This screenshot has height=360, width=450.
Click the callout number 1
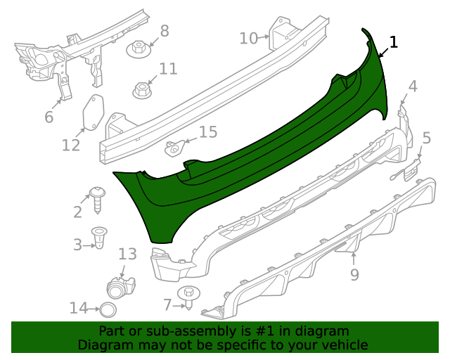pyautogui.click(x=393, y=42)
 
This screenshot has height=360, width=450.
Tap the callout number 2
pyautogui.click(x=77, y=212)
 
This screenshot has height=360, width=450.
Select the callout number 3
pyautogui.click(x=77, y=244)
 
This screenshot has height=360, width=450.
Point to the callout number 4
pyautogui.click(x=413, y=86)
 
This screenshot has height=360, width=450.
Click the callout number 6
pyautogui.click(x=49, y=117)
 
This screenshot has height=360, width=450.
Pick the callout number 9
pyautogui.click(x=354, y=274)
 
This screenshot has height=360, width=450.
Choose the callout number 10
pyautogui.click(x=248, y=37)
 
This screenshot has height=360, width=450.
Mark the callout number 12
pyautogui.click(x=71, y=145)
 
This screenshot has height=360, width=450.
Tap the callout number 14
pyautogui.click(x=79, y=308)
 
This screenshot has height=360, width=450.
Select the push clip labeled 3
pyautogui.click(x=100, y=238)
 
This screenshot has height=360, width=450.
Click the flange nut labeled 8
pyautogui.click(x=139, y=50)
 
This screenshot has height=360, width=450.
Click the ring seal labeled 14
pyautogui.click(x=106, y=309)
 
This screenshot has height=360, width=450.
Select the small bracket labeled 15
pyautogui.click(x=174, y=147)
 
